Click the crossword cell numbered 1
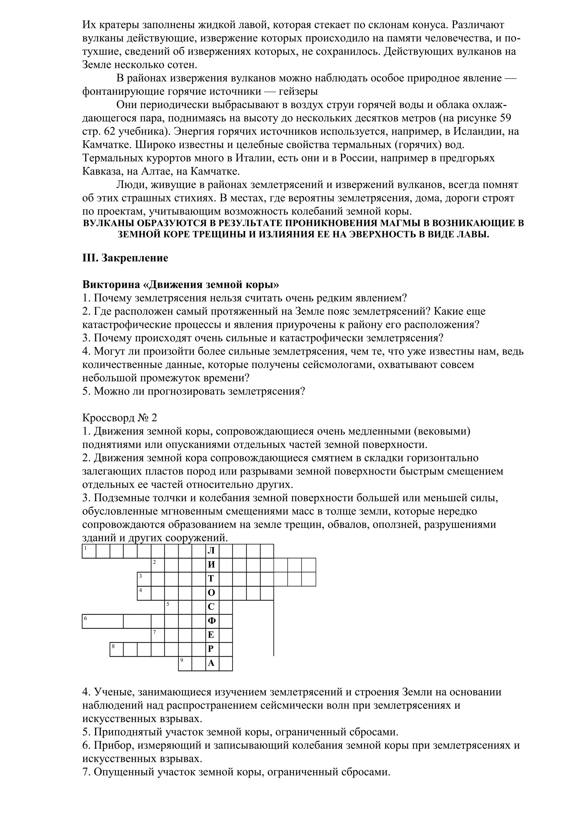[x=89, y=551]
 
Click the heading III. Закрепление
[x=125, y=258]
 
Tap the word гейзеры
[x=298, y=91]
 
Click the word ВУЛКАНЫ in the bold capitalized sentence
[x=108, y=223]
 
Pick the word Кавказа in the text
[x=101, y=171]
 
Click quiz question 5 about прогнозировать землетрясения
[x=193, y=391]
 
